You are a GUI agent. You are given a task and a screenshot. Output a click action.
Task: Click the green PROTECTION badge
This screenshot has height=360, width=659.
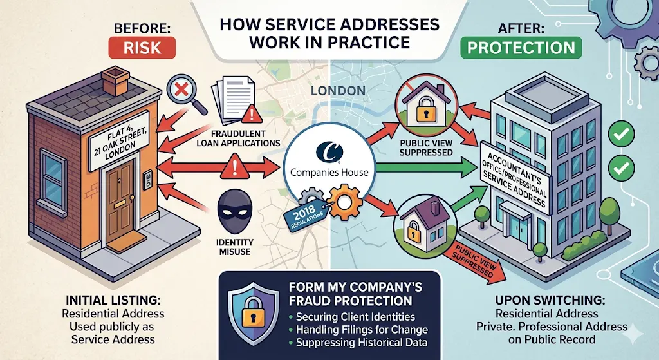[521, 48]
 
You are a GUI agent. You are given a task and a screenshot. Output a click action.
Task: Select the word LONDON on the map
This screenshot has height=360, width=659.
[339, 91]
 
